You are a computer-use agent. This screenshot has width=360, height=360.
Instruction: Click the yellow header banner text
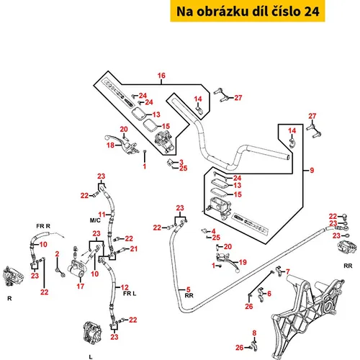click(248, 12)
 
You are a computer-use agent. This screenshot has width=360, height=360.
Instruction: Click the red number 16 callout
click(161, 76)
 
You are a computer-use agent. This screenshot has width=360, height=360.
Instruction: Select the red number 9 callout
click(312, 171)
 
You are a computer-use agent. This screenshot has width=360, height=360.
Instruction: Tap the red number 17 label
click(81, 286)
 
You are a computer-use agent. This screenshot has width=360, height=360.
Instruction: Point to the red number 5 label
click(189, 289)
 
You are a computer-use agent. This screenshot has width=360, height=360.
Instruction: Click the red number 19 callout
click(243, 262)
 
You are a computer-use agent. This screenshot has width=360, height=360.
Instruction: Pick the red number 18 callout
click(110, 145)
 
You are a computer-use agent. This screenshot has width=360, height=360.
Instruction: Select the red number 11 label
click(102, 215)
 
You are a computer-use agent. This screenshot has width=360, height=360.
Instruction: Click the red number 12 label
click(125, 287)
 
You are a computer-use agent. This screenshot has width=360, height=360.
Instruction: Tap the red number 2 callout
click(57, 254)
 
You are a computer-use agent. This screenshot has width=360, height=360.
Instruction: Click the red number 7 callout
click(288, 271)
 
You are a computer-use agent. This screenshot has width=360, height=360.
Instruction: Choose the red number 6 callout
click(269, 293)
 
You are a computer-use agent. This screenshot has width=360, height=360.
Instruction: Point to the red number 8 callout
click(254, 333)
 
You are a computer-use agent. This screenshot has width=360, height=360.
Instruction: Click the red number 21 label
click(134, 249)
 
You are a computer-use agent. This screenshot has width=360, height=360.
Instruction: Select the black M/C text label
click(95, 220)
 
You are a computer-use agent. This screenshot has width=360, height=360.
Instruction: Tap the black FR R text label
click(43, 226)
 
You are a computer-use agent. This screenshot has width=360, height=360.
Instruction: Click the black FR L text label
click(130, 294)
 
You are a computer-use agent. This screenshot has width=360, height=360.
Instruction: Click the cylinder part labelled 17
click(77, 269)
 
